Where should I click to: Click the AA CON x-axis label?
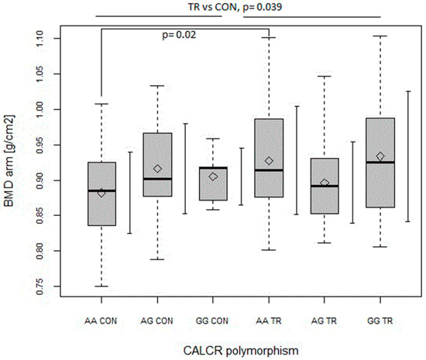(x=101, y=319)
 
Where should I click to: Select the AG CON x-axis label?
(x=157, y=319)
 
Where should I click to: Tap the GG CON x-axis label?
(x=213, y=319)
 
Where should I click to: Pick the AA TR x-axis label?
(x=269, y=319)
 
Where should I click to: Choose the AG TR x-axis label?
(x=325, y=319)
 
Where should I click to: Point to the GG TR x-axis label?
(x=380, y=319)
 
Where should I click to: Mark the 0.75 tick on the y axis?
(x=48, y=286)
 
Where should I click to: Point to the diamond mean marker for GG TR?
(x=380, y=156)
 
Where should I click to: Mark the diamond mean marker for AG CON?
(x=157, y=169)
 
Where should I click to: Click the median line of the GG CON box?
(x=213, y=167)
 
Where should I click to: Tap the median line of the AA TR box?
(x=269, y=170)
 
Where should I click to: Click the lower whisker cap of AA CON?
(x=101, y=286)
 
